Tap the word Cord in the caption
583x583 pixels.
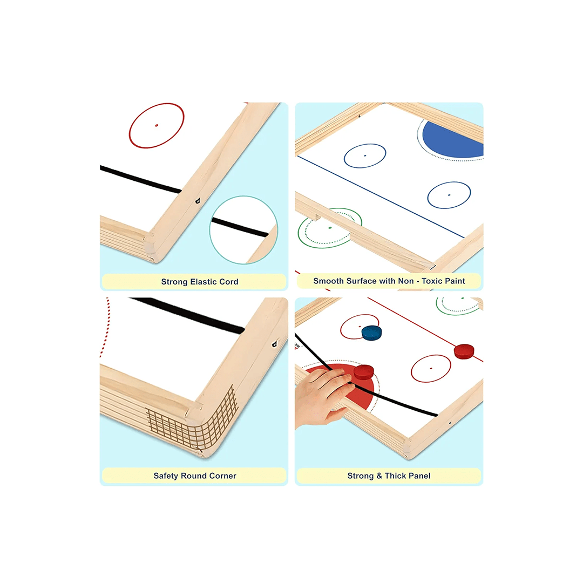pyautogui.click(x=229, y=282)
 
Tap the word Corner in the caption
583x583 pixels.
pyautogui.click(x=223, y=476)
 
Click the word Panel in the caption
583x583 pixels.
pyautogui.click(x=420, y=476)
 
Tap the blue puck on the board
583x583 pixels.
pyautogui.click(x=371, y=333)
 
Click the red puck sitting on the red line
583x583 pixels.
pyautogui.click(x=464, y=351)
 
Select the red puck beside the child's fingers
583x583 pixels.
pyautogui.click(x=364, y=372)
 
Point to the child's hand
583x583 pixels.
pyautogui.click(x=323, y=397)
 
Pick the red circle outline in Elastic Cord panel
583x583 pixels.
pyautogui.click(x=157, y=125)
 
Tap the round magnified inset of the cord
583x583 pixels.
pyautogui.click(x=243, y=229)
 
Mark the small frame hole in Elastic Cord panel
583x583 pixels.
pyautogui.click(x=197, y=201)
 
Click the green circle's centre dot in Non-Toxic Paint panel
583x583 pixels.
pyautogui.click(x=329, y=227)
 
